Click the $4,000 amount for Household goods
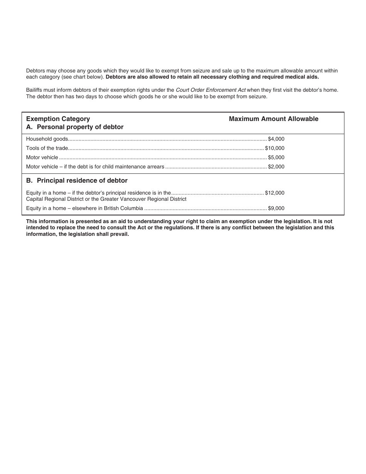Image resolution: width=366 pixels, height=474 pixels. [x=276, y=139]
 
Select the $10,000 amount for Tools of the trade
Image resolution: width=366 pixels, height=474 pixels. [x=275, y=148]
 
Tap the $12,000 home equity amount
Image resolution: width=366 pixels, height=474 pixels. [x=275, y=193]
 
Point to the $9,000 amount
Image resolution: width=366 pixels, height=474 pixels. [x=276, y=208]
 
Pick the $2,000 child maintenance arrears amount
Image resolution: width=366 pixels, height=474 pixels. [x=276, y=167]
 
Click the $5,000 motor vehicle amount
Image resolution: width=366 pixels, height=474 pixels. [x=276, y=158]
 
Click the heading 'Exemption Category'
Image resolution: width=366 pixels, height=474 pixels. [x=58, y=119]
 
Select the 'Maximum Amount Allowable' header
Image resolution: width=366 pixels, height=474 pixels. [x=274, y=119]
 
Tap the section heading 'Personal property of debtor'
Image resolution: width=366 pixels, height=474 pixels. [x=80, y=127]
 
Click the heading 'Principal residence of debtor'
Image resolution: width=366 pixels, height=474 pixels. [x=82, y=181]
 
